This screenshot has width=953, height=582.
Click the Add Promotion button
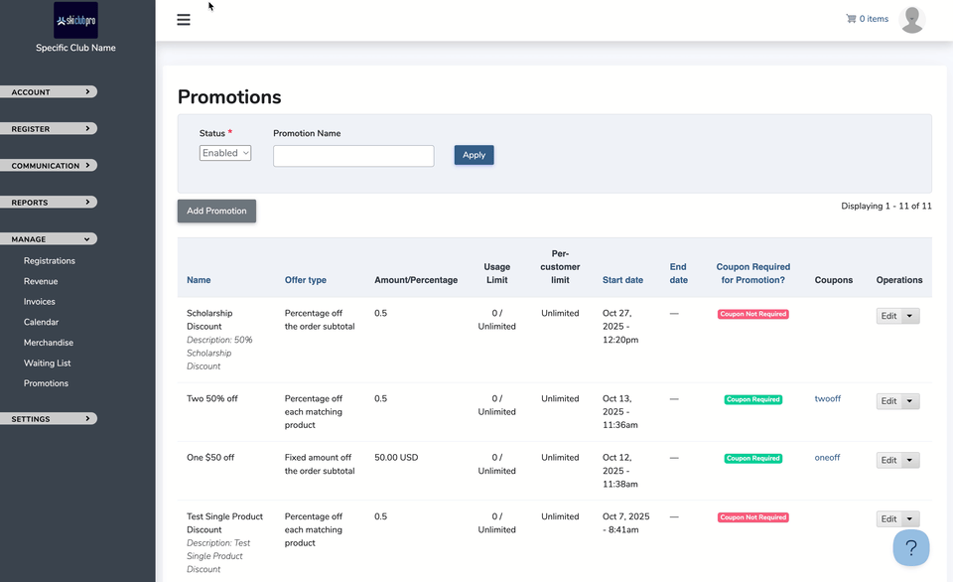pos(216,211)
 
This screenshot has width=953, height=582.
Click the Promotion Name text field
pos(353,156)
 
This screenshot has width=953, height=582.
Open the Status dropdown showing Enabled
pos(225,153)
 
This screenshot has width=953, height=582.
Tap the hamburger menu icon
pos(184,20)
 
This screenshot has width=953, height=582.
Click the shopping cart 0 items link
pos(867,19)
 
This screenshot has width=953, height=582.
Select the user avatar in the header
pos(911,20)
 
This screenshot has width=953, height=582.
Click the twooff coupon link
pos(827,399)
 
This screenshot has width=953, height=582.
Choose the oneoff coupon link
pos(827,458)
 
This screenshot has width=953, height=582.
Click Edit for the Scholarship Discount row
pos(888,316)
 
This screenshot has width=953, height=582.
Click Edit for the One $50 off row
pos(888,460)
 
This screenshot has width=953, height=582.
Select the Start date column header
pos(622,280)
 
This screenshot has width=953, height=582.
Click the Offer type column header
pos(305,280)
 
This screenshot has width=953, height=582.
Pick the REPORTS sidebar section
pos(48,203)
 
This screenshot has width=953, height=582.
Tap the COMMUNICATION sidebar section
pos(48,166)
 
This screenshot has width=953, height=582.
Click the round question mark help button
pos(911,548)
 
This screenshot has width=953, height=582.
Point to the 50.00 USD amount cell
pos(396,458)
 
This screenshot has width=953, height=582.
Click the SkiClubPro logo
pos(75,20)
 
